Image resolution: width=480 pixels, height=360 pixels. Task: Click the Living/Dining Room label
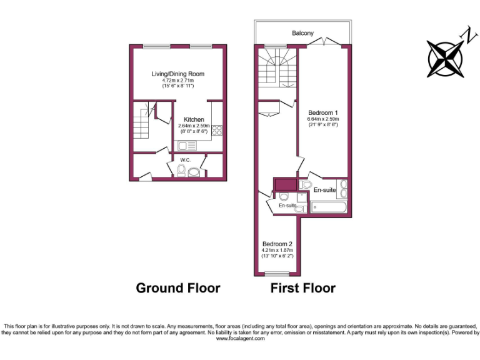pyautogui.click(x=178, y=74)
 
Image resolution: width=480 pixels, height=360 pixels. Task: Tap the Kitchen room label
pyautogui.click(x=194, y=119)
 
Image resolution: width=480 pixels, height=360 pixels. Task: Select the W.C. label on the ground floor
pyautogui.click(x=185, y=159)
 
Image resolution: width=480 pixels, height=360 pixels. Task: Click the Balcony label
pyautogui.click(x=302, y=33)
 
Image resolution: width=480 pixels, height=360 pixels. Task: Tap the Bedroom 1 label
pyautogui.click(x=322, y=112)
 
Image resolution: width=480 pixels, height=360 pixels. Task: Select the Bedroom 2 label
pyautogui.click(x=277, y=244)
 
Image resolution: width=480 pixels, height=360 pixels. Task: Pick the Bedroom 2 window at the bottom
pyautogui.click(x=277, y=274)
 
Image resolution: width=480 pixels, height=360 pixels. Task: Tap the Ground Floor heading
pyautogui.click(x=178, y=288)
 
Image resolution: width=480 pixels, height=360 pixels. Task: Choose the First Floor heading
pyautogui.click(x=302, y=288)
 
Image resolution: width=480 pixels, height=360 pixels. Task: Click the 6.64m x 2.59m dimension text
pyautogui.click(x=322, y=119)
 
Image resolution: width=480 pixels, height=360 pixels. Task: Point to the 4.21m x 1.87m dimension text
pyautogui.click(x=277, y=251)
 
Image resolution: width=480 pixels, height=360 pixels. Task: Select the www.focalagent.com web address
pyautogui.click(x=240, y=339)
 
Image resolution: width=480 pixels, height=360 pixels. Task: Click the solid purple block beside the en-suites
pyautogui.click(x=285, y=185)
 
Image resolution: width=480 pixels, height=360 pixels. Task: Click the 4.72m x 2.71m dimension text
pyautogui.click(x=178, y=81)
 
